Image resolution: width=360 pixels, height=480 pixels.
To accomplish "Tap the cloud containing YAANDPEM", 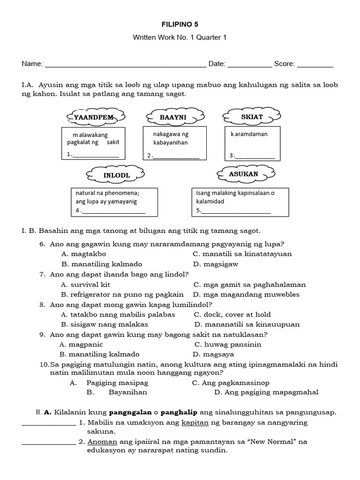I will tap(97, 117).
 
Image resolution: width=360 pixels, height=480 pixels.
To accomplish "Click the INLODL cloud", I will tap(116, 175).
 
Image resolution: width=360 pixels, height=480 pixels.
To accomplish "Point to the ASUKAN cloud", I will tap(244, 174).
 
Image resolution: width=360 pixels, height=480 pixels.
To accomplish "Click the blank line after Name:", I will tap(125, 65).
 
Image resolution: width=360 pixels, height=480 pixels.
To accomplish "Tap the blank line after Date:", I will tap(249, 65).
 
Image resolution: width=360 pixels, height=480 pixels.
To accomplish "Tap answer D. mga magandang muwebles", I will tap(246, 294).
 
